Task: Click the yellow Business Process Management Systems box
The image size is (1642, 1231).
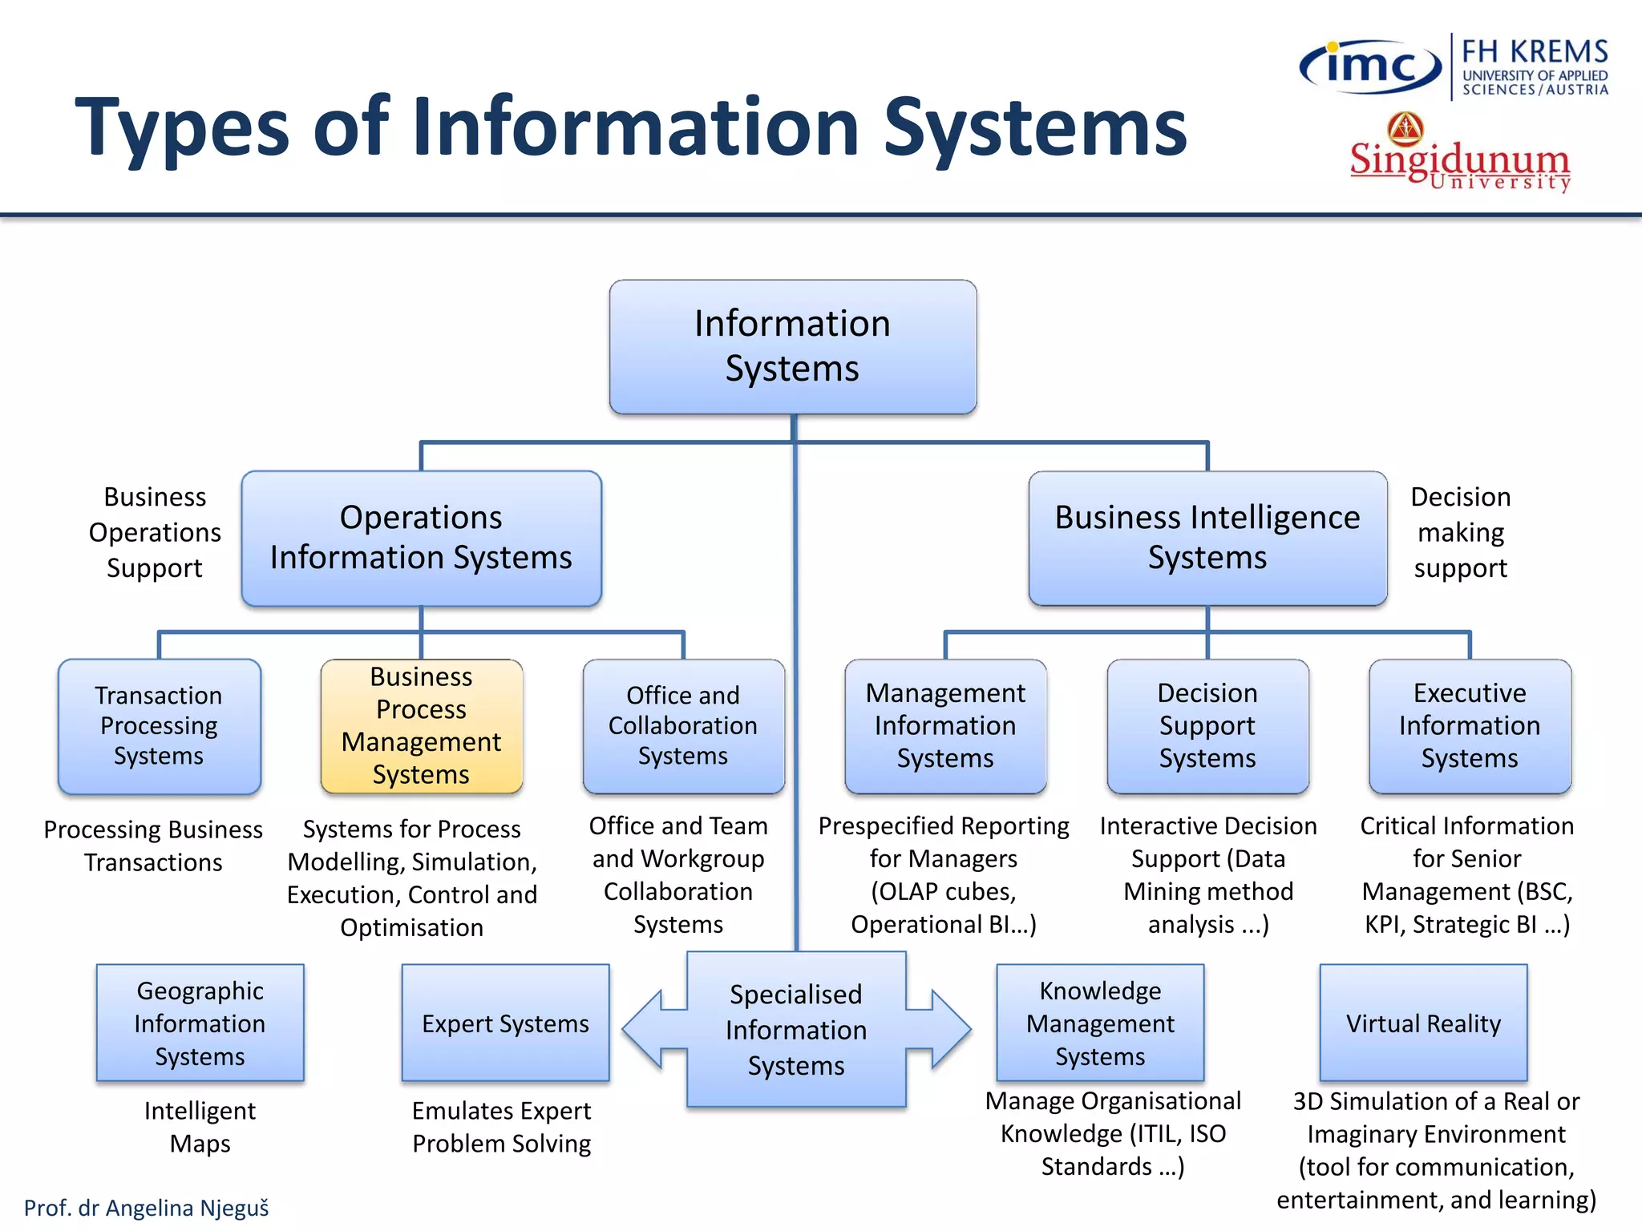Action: click(x=422, y=726)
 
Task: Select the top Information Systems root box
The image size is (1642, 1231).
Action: click(x=792, y=346)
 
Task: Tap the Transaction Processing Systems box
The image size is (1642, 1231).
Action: click(x=159, y=726)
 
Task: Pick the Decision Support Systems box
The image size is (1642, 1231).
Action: click(x=1207, y=726)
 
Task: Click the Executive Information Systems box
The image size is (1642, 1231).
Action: click(x=1470, y=726)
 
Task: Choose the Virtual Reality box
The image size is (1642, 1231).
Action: click(x=1423, y=1023)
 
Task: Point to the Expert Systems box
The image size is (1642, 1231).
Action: click(x=505, y=1023)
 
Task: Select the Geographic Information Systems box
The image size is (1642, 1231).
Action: click(x=200, y=1023)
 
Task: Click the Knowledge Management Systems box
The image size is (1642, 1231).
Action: click(x=1100, y=1023)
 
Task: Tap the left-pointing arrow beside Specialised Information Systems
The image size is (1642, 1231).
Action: click(x=648, y=1029)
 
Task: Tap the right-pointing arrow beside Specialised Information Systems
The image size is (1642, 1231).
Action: click(x=946, y=1029)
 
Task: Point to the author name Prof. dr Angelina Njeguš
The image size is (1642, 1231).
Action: click(x=147, y=1208)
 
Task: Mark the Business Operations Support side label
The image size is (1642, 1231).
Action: click(x=155, y=532)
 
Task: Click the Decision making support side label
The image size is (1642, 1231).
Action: click(x=1460, y=532)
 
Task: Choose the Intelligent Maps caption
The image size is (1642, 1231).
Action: click(x=200, y=1127)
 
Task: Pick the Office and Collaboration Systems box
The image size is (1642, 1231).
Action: click(x=683, y=726)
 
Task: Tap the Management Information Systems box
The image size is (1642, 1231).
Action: click(x=945, y=726)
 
